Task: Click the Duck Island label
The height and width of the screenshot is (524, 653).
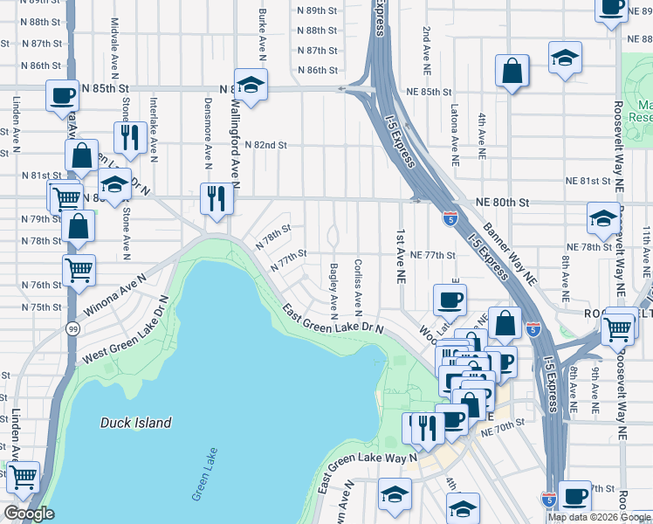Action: [135, 423]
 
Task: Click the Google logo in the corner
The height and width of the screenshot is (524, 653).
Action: [29, 514]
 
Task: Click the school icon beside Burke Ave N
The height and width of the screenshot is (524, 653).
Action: [251, 85]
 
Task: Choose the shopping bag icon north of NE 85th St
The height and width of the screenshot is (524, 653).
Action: [512, 72]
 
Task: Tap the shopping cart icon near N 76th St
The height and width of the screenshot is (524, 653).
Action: [79, 270]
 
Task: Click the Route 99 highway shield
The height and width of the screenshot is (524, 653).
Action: [72, 327]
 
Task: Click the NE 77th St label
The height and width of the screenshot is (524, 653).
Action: [431, 255]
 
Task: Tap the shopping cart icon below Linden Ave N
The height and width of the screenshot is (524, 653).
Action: [23, 476]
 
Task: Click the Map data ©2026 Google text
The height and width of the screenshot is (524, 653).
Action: [598, 517]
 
